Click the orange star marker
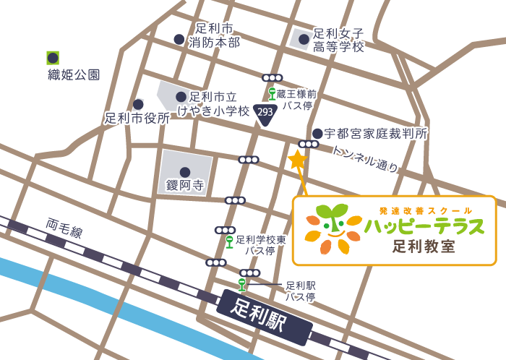click(x=297, y=160)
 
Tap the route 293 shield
click(x=265, y=113)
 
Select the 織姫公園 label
click(x=74, y=74)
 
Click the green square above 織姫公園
click(x=52, y=56)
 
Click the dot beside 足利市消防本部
click(x=179, y=40)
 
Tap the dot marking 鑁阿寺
click(x=185, y=172)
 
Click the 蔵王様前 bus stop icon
click(x=272, y=93)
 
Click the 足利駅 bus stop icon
click(x=242, y=284)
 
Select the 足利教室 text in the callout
click(x=424, y=246)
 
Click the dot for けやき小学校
click(x=181, y=96)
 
